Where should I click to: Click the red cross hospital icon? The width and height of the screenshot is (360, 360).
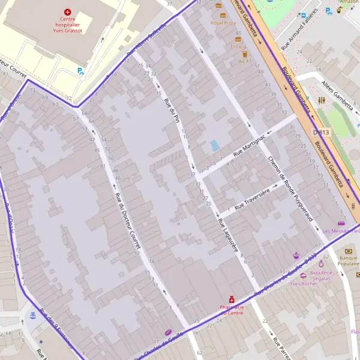[67, 11]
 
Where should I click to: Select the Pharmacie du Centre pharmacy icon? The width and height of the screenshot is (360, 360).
[231, 299]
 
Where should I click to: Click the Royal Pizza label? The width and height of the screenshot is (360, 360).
[223, 23]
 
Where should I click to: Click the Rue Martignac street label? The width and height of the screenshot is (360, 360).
[250, 146]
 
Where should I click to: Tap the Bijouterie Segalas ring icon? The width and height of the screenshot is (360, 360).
[321, 263]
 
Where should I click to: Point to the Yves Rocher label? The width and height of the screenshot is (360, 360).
[303, 283]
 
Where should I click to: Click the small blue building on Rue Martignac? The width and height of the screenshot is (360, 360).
[215, 145]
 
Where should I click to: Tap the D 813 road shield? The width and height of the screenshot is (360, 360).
[322, 132]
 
